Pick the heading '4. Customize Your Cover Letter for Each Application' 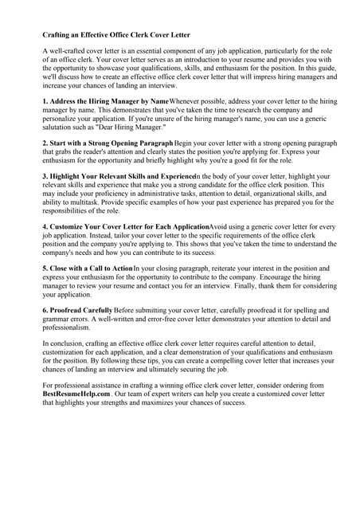(125, 226)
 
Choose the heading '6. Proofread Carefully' (77, 308)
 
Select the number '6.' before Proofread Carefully (45, 308)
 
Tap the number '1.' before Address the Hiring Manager (45, 102)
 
